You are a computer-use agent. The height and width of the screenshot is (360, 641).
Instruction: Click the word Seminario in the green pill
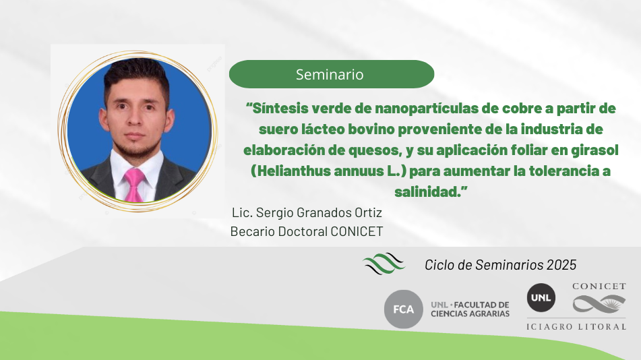[330, 74]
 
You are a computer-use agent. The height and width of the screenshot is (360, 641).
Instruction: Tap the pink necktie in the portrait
[134, 185]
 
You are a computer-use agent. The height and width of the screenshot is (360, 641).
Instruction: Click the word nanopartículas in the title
[427, 109]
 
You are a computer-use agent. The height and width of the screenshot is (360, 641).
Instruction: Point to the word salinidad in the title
[427, 191]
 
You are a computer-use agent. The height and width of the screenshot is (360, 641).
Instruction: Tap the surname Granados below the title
[319, 213]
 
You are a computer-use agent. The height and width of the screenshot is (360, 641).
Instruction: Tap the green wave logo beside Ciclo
[384, 264]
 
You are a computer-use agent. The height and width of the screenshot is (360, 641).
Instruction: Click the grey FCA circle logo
[404, 309]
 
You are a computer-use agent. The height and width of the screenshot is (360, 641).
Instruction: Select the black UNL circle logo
[541, 298]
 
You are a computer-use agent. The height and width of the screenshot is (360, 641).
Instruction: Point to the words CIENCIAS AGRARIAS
[470, 313]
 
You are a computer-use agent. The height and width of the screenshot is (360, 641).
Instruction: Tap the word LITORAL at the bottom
[602, 326]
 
